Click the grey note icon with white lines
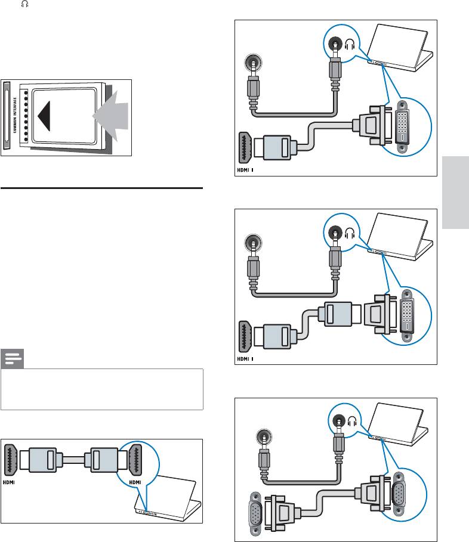click(13, 360)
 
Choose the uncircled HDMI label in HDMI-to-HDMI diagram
click(11, 481)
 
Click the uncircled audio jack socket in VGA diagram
click(261, 438)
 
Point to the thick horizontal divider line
click(102, 188)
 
